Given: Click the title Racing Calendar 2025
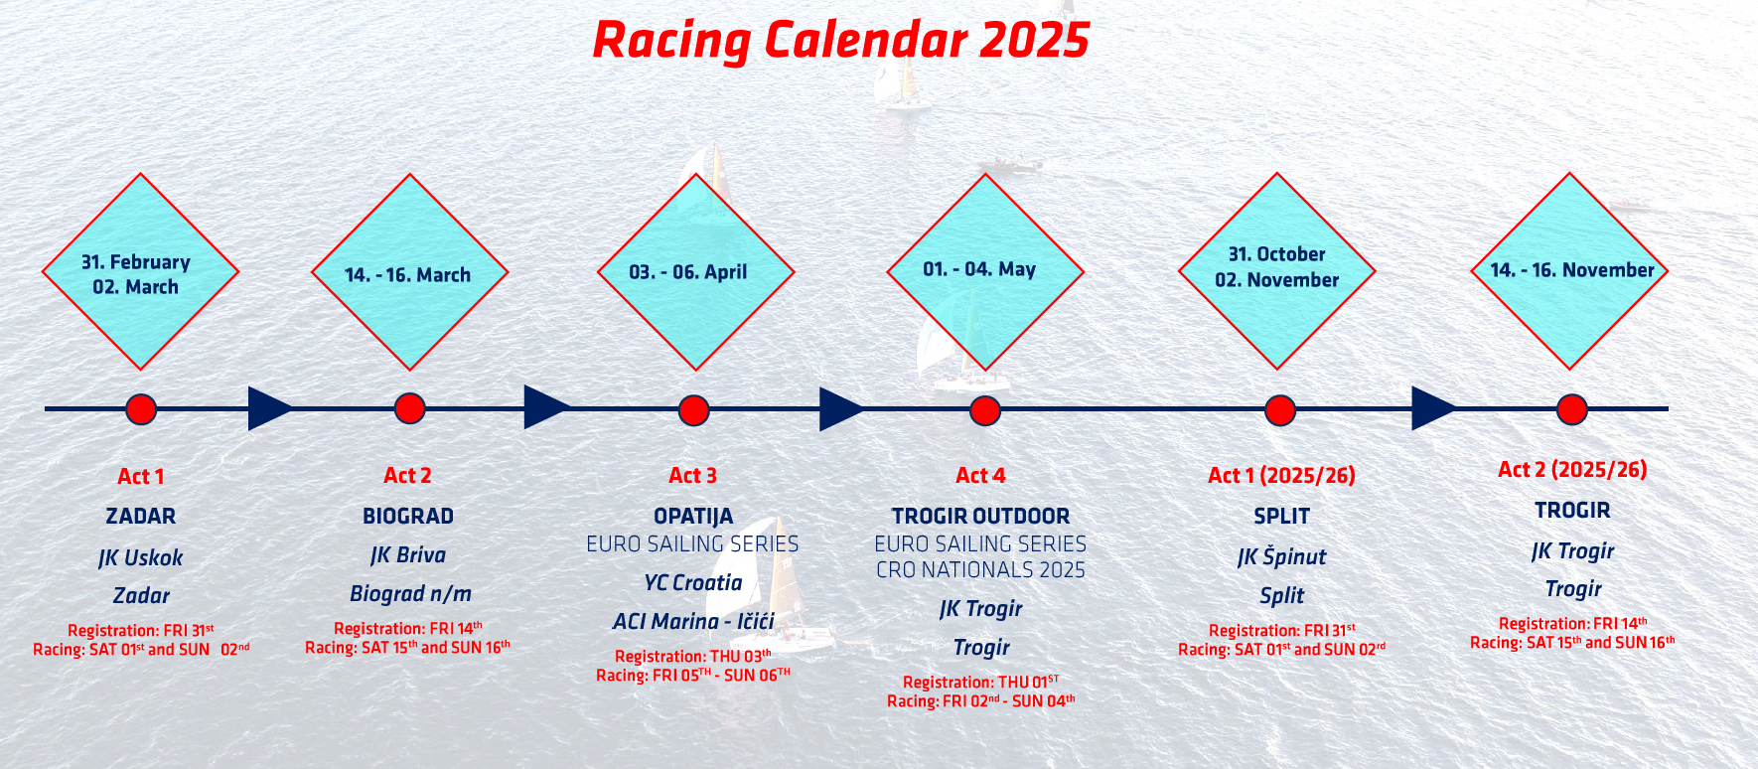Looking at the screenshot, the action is pyautogui.click(x=840, y=41).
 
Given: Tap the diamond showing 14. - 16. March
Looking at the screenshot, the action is pyautogui.click(x=409, y=272).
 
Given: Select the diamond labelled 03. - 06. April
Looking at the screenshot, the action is pyautogui.click(x=695, y=272).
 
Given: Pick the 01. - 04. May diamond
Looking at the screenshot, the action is pyautogui.click(x=985, y=272).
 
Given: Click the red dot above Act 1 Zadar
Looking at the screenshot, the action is pyautogui.click(x=141, y=409).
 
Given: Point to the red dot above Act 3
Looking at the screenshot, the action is pyautogui.click(x=693, y=409).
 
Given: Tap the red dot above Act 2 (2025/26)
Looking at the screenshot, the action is pyautogui.click(x=1571, y=409).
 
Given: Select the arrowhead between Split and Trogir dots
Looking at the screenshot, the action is pyautogui.click(x=1434, y=408).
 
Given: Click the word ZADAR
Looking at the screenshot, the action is pyautogui.click(x=141, y=517).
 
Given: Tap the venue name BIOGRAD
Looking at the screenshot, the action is pyautogui.click(x=408, y=517).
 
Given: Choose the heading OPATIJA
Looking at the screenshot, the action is pyautogui.click(x=693, y=517).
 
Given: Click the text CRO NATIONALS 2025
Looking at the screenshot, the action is pyautogui.click(x=980, y=570).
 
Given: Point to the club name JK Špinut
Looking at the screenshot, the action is pyautogui.click(x=1282, y=556).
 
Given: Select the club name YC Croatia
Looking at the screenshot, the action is pyautogui.click(x=693, y=583).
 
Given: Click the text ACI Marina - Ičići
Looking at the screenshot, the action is pyautogui.click(x=693, y=622).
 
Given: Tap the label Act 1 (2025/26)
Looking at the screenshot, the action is pyautogui.click(x=1281, y=476).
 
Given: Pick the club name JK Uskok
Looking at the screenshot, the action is pyautogui.click(x=141, y=557).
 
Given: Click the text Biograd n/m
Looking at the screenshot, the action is pyautogui.click(x=410, y=594).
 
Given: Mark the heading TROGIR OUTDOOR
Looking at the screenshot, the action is pyautogui.click(x=980, y=517).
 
